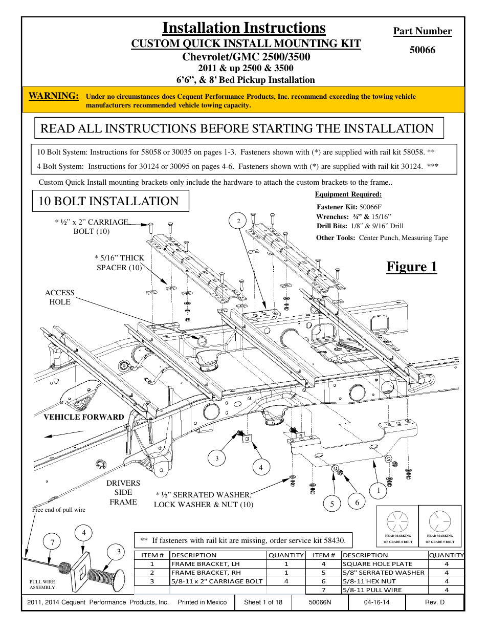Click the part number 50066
pos(422,50)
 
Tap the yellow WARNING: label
pos(54,96)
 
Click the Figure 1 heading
pos(411,267)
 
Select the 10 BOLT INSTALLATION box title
pos(108,201)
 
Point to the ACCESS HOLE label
pos(60,297)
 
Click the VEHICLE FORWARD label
pos(84,417)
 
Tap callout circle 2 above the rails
pos(238,221)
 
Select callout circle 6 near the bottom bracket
pos(357,502)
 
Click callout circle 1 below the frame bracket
pos(378,491)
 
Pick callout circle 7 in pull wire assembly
pos(52,542)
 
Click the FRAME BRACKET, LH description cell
pos(206,564)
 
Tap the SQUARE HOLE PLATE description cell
pos(378,564)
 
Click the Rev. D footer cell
pos(435,602)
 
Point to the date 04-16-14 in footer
pos(376,602)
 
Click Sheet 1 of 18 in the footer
pos(263,602)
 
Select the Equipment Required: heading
pos(348,194)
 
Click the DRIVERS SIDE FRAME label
pos(123,492)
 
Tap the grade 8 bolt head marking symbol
pos(397,522)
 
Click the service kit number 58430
pos(335,540)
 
